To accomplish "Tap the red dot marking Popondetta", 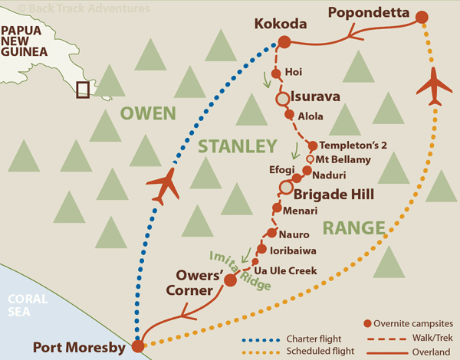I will pyautogui.click(x=422, y=17).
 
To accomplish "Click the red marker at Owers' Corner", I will pyautogui.click(x=229, y=280).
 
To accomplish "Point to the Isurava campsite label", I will pyautogui.click(x=319, y=97).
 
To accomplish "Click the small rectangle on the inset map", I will pyautogui.click(x=82, y=90).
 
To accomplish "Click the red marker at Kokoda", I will pyautogui.click(x=284, y=43).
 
